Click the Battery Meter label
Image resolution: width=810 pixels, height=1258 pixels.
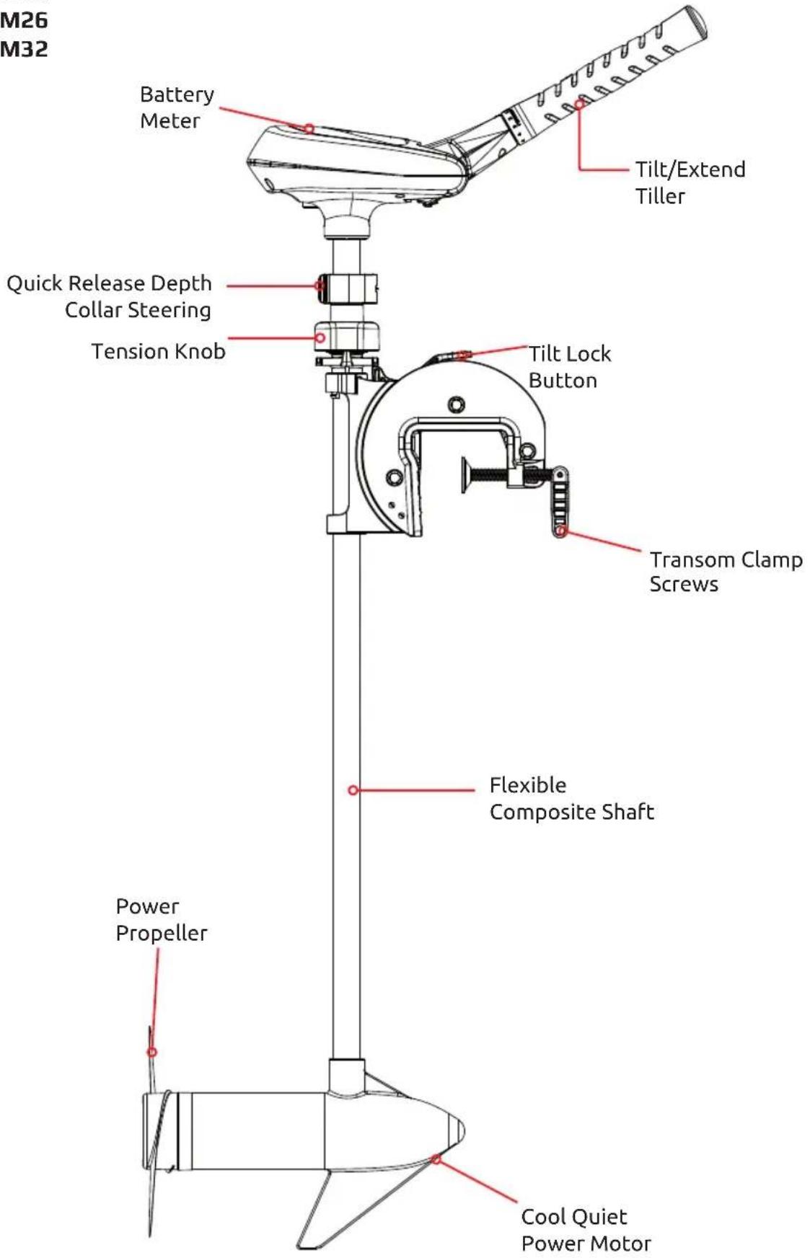pos(177,107)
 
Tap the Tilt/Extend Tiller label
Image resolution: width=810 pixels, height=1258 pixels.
pos(690,182)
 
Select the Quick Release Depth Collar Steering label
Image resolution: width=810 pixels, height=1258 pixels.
pos(109,296)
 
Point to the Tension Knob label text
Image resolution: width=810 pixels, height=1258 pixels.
pos(158,351)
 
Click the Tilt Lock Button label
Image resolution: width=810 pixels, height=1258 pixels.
pos(570,367)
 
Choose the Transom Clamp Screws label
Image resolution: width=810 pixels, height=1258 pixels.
pos(726,572)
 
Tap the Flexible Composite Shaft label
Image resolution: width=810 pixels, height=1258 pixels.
pos(572,798)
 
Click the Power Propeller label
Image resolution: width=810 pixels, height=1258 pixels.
pos(162,920)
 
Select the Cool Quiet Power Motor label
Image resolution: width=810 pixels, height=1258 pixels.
pos(586,1230)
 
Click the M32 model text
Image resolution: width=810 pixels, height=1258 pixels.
pos(24,49)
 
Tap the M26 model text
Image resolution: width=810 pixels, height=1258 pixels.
pos(24,20)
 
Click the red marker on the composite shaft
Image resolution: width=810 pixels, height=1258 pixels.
pos(353,790)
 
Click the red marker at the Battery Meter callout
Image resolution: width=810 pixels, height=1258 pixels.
pos(309,128)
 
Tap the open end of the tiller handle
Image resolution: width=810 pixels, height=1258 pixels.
pos(695,22)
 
